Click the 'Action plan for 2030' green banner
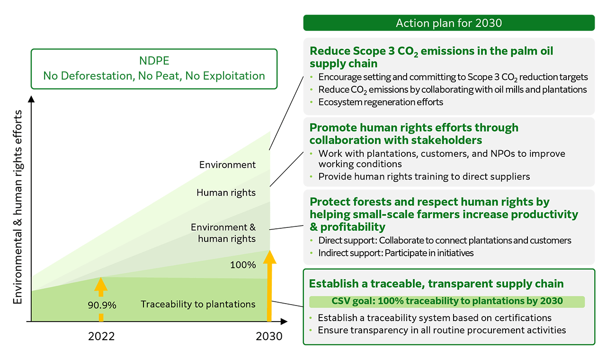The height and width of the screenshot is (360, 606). point(449,23)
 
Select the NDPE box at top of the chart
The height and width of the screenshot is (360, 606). point(154,69)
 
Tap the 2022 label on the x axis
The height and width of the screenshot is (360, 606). point(101,336)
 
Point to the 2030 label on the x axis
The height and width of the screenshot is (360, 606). point(269,336)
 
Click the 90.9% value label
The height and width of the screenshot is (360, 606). point(102,305)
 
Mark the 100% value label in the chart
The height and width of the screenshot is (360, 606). point(243,265)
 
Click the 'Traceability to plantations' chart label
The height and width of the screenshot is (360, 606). point(198,304)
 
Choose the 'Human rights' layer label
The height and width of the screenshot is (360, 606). point(226,192)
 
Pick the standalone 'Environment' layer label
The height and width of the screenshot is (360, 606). point(228,164)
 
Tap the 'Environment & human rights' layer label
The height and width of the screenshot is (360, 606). point(223,233)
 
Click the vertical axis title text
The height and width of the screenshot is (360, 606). point(18,207)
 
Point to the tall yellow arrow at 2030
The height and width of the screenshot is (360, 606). point(269,286)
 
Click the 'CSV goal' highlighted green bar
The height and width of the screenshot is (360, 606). point(447,302)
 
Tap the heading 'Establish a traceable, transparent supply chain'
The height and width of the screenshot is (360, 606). point(437,284)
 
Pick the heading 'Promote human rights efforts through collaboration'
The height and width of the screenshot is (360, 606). point(414,134)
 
